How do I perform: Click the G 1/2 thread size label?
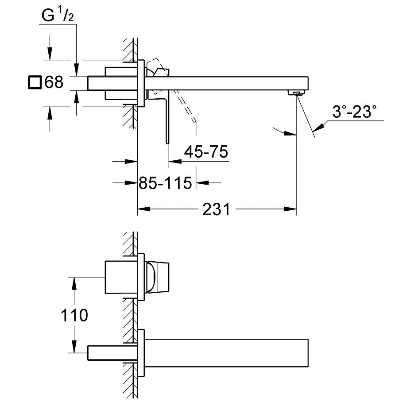coord(58,15)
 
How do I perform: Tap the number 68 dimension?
coord(54,82)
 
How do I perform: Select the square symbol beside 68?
coord(35,82)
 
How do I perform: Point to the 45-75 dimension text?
coord(206,151)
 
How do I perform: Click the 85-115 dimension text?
coord(165,183)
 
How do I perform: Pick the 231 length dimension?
coord(217,209)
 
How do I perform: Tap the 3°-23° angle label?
coord(354,112)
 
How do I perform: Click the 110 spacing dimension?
coord(74,315)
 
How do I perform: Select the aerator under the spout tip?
coord(297,93)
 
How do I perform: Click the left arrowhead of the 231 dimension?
coord(144,209)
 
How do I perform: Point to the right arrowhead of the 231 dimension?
coord(290,209)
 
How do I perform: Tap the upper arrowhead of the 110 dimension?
coord(74,283)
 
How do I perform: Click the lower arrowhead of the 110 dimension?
coord(74,347)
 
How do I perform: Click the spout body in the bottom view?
coord(226,353)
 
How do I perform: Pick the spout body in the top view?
coord(226,83)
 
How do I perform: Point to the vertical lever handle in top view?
coord(168,118)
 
